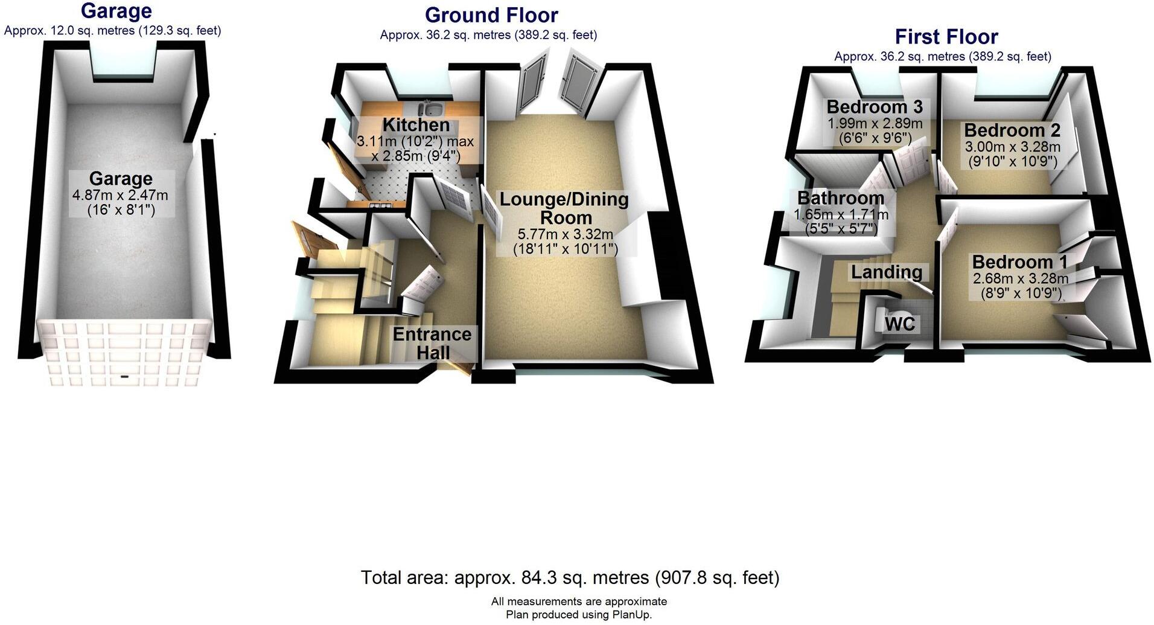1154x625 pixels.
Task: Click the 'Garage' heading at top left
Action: tap(116, 11)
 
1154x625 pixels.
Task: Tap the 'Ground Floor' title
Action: tap(491, 15)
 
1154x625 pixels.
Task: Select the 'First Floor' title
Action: tap(946, 37)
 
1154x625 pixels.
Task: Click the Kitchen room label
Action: tap(416, 125)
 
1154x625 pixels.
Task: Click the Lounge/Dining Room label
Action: tap(564, 208)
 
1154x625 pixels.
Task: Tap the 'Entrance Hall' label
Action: tap(432, 342)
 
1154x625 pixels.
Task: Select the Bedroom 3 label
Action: tap(875, 107)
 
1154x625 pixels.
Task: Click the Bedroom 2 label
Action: tap(1012, 130)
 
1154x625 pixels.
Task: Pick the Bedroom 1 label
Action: tap(1019, 262)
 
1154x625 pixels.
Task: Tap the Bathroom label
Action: tap(841, 197)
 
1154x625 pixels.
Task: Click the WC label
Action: tap(900, 324)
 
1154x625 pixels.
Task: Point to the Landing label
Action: tap(887, 272)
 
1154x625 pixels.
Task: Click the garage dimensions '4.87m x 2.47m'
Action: tap(120, 195)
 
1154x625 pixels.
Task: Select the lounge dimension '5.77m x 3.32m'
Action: tap(566, 234)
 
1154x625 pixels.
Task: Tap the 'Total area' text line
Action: tap(570, 578)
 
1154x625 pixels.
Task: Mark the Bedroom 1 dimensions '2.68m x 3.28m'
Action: tap(1020, 278)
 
